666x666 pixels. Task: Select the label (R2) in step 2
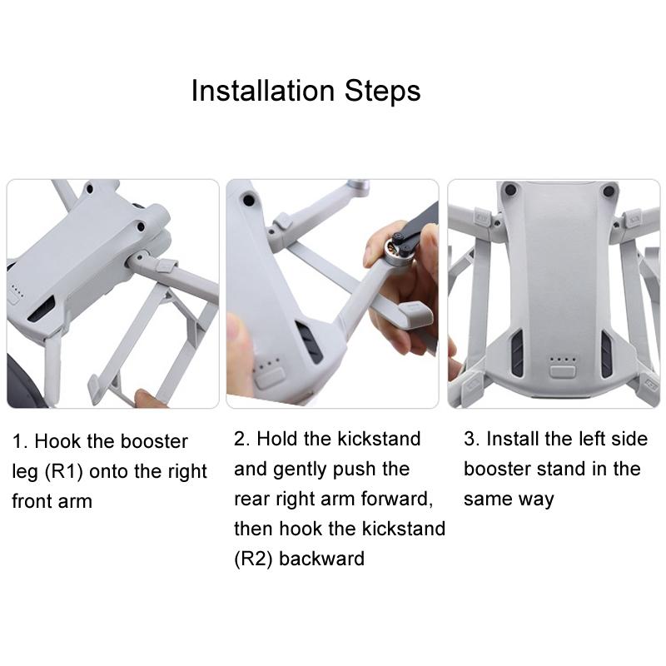[253, 558]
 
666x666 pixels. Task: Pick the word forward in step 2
[395, 499]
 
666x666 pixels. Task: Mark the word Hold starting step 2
[279, 439]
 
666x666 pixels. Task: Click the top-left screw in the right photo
[509, 191]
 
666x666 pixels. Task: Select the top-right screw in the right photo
[609, 191]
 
